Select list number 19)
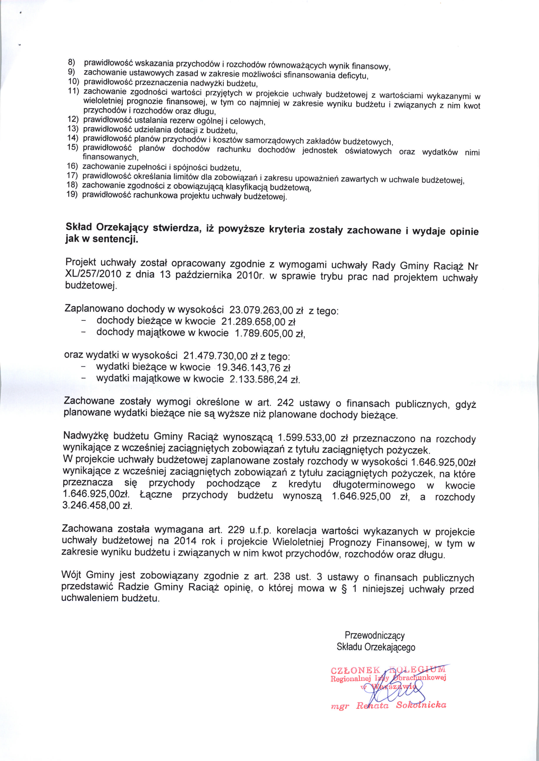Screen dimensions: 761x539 tap(72, 194)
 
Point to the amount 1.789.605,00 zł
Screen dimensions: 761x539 tap(269, 333)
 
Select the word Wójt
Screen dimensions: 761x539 tap(71, 574)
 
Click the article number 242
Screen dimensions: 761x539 tap(285, 403)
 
